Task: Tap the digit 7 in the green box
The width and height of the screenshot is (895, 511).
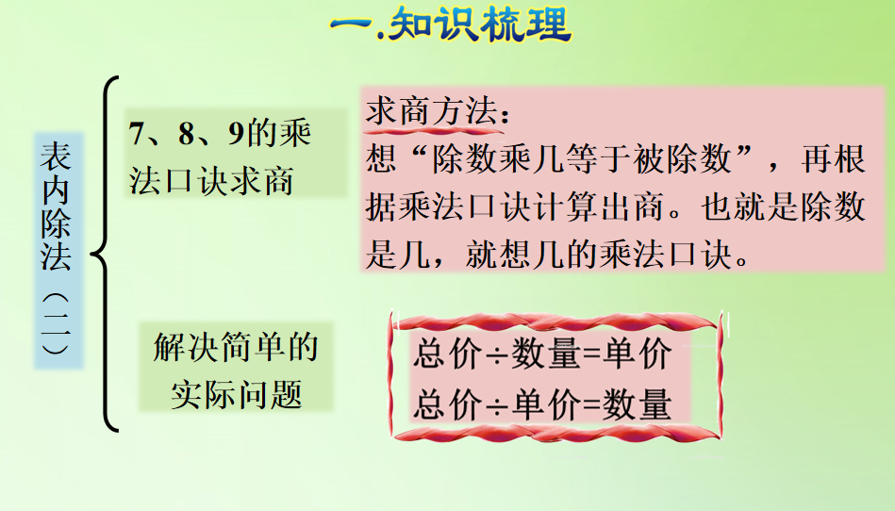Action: [137, 134]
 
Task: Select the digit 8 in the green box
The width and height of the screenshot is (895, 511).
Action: [187, 134]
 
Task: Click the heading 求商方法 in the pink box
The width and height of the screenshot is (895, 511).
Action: [431, 110]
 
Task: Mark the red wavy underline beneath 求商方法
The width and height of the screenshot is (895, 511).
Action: [435, 131]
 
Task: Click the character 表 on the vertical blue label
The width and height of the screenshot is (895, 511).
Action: [56, 157]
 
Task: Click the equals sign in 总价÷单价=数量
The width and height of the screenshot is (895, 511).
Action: [593, 404]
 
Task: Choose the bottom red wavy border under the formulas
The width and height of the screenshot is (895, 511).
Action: [556, 434]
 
